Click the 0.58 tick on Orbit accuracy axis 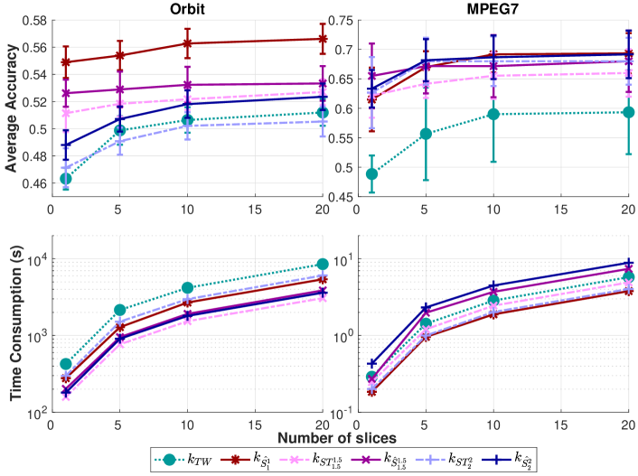point(31,20)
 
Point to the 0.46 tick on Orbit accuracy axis point(31,183)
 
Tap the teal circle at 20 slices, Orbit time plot point(323,264)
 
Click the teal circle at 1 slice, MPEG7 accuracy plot point(371,173)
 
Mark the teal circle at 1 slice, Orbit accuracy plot point(65,179)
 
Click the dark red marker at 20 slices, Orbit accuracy point(323,39)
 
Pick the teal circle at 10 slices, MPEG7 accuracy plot point(493,114)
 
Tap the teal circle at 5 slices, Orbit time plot point(119,310)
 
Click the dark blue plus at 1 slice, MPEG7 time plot point(371,363)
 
